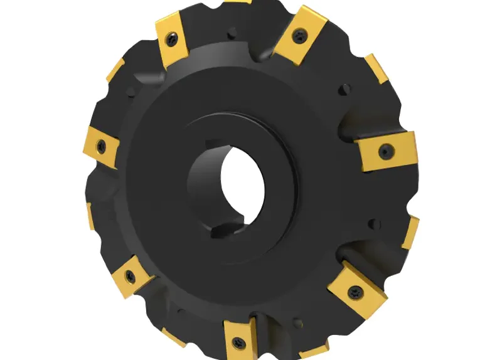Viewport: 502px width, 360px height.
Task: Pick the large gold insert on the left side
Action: [100, 145]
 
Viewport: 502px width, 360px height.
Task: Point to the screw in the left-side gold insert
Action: [100, 146]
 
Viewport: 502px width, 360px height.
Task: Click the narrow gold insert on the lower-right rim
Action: [410, 232]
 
